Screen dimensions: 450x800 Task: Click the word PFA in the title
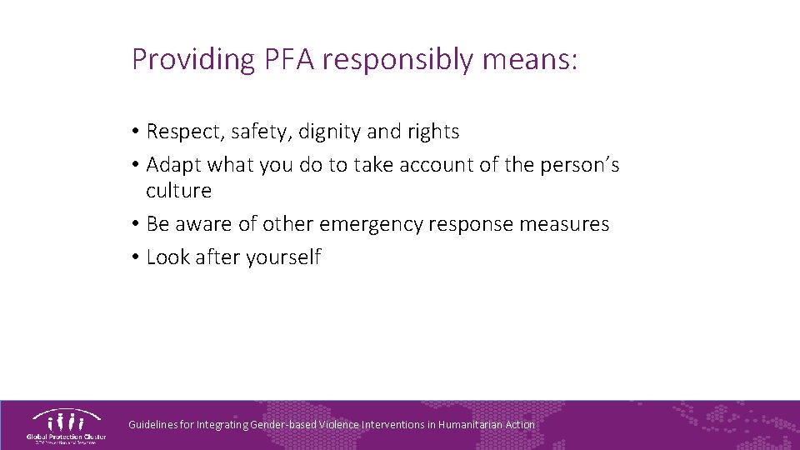pos(292,59)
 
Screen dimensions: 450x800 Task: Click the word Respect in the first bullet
pos(179,132)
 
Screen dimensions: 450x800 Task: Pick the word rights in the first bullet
pos(432,132)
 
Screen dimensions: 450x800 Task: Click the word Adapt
pos(173,166)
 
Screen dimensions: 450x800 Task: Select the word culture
pos(178,191)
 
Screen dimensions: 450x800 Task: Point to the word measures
pos(566,224)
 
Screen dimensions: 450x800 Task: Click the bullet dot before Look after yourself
pos(135,257)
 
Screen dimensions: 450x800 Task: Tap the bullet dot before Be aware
pos(135,224)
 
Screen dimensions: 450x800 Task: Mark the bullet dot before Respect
pos(135,132)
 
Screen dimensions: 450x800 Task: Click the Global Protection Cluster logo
pos(66,425)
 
